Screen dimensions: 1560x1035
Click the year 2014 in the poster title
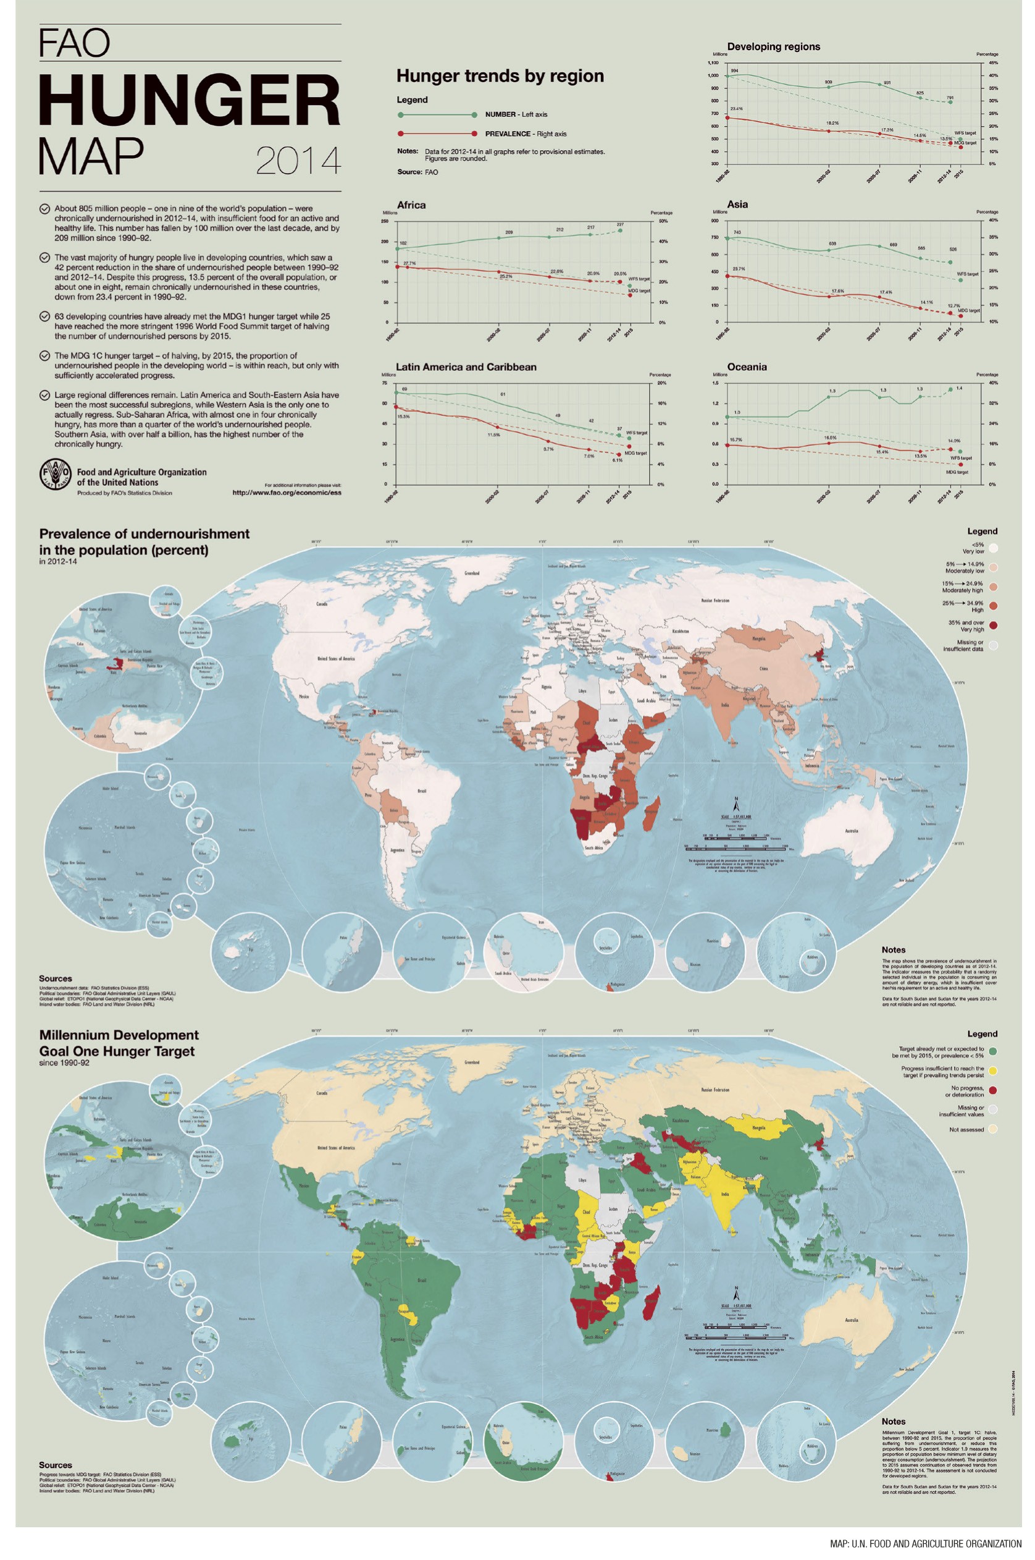[298, 161]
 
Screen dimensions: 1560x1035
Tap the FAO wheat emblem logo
[56, 474]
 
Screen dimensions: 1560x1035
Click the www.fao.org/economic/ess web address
[287, 492]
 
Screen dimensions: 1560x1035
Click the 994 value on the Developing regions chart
[734, 70]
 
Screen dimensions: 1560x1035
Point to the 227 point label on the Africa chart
[620, 224]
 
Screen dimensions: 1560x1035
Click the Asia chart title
[737, 204]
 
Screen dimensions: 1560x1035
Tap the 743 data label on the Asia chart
[737, 232]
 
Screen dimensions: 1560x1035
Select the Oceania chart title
[747, 367]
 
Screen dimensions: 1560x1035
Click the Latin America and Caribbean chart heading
[466, 367]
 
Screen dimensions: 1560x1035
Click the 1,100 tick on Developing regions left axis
[713, 63]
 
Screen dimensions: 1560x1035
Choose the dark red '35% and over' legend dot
[994, 625]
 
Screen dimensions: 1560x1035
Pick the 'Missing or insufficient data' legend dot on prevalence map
[994, 645]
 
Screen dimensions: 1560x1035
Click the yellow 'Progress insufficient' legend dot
[994, 1070]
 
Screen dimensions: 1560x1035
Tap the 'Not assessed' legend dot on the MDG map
[994, 1129]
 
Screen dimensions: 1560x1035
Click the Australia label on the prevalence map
[852, 831]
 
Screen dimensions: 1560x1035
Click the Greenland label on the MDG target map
[472, 1062]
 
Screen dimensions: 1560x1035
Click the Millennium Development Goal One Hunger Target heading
[119, 1043]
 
